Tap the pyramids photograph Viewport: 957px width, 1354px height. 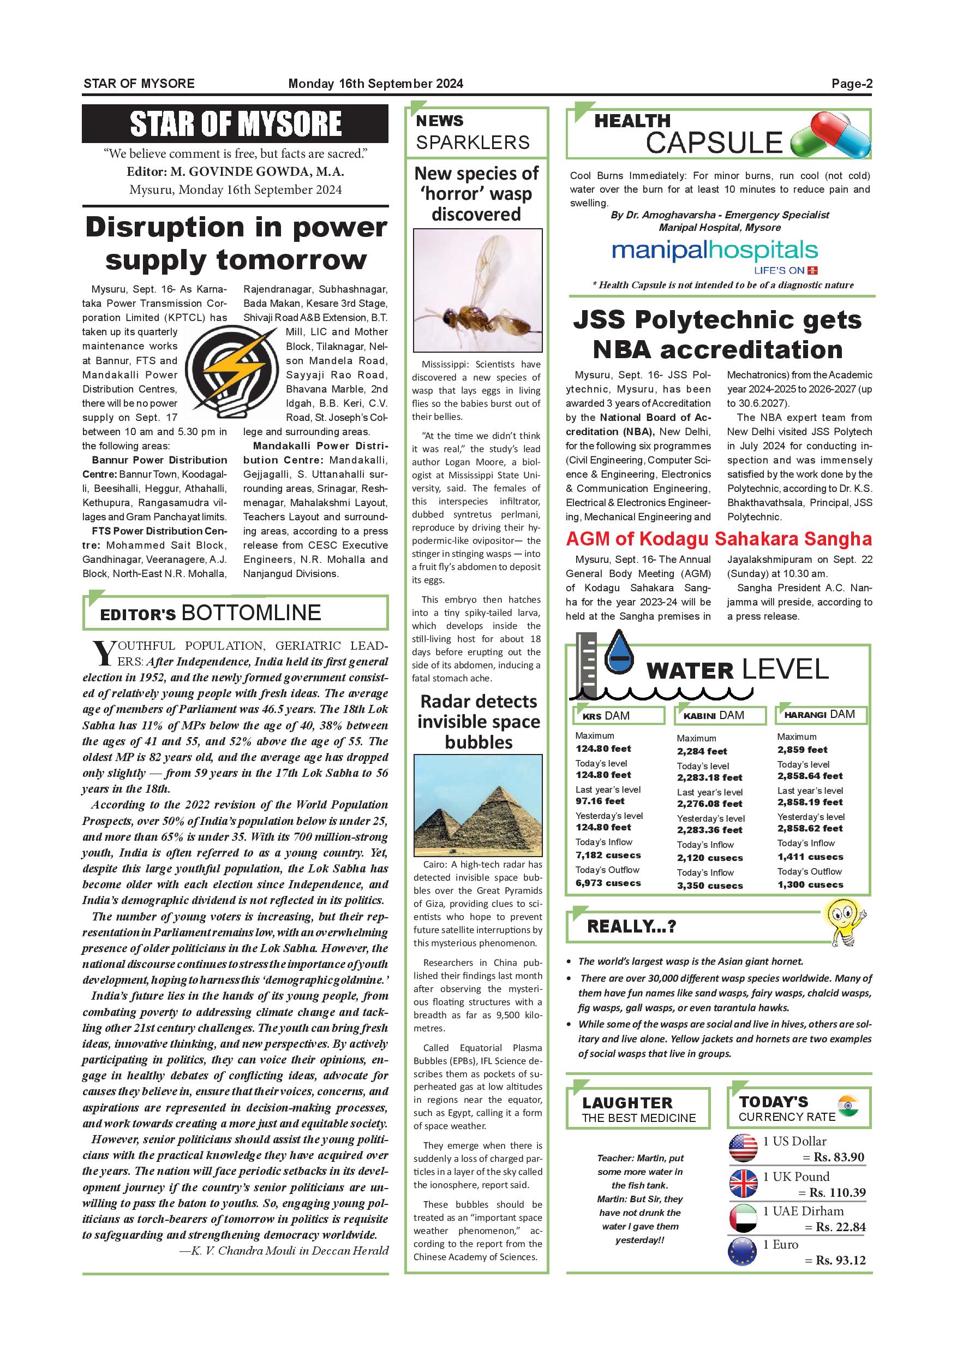477,805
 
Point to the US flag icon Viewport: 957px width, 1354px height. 743,1148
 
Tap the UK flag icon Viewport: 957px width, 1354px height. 743,1183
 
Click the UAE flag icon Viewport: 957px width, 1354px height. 743,1218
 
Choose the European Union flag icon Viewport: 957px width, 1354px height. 743,1251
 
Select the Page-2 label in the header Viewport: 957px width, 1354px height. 852,84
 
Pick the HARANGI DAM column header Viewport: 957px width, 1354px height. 819,715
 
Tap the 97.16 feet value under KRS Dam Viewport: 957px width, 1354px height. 600,801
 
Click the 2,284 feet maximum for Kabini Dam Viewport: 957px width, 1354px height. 702,751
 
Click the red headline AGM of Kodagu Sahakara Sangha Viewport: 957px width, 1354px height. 719,539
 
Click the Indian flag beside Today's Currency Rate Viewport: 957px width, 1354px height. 848,1106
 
